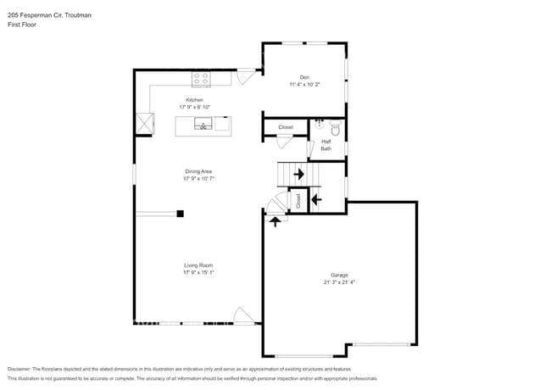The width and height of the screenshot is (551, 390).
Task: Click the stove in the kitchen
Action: (x=201, y=80)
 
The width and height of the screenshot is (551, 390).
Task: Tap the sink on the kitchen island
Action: (x=203, y=126)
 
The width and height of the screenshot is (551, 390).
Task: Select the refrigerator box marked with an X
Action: (x=147, y=124)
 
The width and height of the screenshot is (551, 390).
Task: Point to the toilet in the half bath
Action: (x=335, y=130)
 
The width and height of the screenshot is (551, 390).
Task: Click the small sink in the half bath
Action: (x=319, y=123)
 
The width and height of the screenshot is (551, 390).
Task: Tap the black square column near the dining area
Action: (x=180, y=214)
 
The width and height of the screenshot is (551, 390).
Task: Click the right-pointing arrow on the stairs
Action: (x=298, y=175)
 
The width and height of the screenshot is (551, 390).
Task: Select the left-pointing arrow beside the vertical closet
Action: (x=316, y=200)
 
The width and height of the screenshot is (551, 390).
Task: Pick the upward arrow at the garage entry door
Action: (x=274, y=221)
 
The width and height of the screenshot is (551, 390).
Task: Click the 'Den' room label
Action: (x=304, y=77)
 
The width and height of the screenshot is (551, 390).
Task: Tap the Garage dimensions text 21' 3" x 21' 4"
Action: (x=339, y=281)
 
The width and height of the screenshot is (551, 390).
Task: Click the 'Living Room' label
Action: (x=198, y=265)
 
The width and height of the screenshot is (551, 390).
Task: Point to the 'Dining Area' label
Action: (x=198, y=171)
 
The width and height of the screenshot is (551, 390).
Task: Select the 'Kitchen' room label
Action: (x=195, y=100)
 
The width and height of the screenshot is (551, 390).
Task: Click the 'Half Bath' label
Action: (x=326, y=145)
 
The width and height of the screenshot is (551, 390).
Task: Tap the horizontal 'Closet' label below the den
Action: (x=286, y=127)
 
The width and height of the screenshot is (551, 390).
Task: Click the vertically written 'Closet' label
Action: (x=298, y=201)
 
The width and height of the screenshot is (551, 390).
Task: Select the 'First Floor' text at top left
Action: (x=22, y=25)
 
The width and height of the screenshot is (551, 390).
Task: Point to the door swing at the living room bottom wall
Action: (x=243, y=315)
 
